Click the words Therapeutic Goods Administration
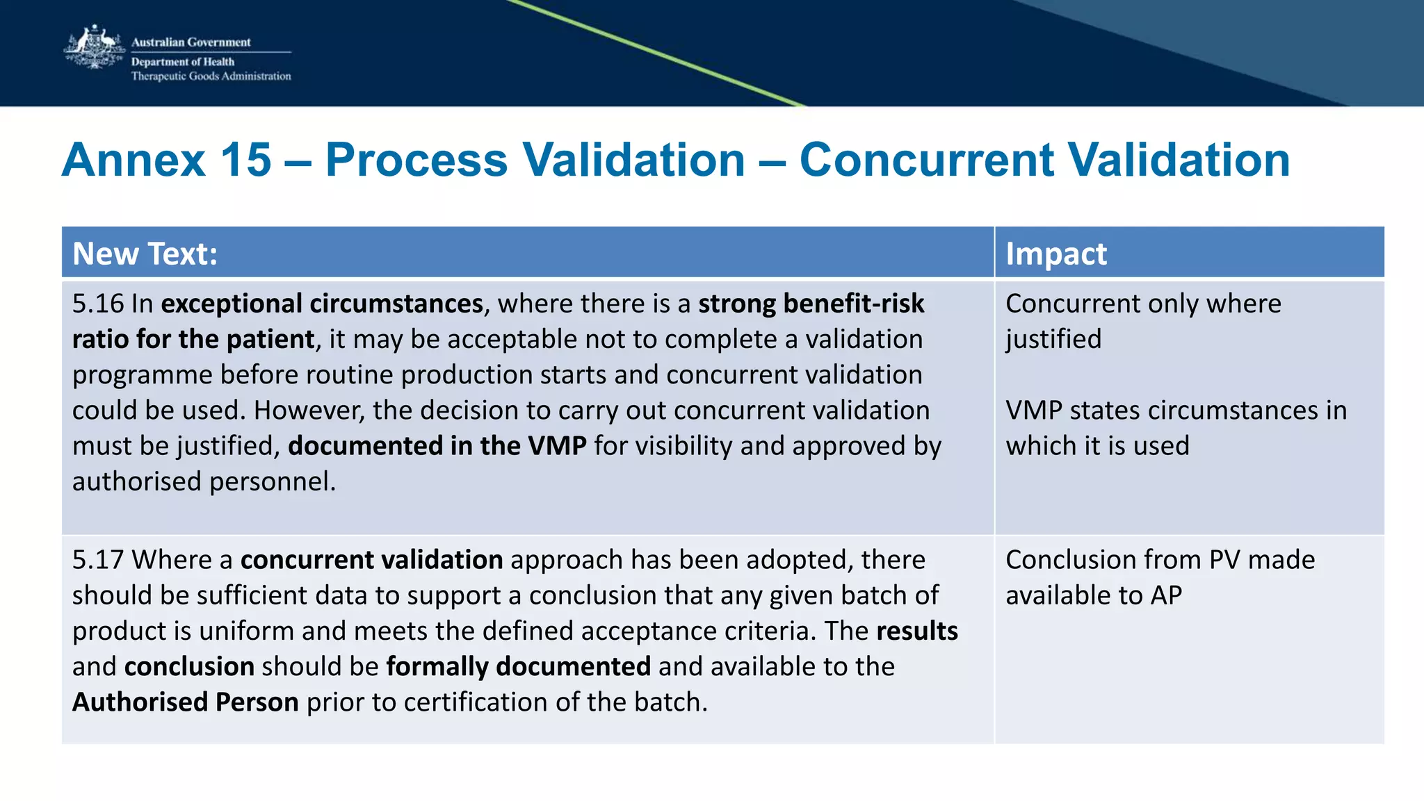point(211,76)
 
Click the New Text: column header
point(145,254)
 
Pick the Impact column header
point(1055,254)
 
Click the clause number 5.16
point(97,304)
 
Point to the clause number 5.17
point(97,560)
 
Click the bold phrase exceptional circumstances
point(322,304)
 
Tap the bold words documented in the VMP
point(437,446)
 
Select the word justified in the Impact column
point(1053,340)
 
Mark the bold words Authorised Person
point(186,702)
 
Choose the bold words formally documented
point(518,667)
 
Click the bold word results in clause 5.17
point(916,631)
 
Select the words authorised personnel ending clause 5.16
point(203,481)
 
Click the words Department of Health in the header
point(182,62)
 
